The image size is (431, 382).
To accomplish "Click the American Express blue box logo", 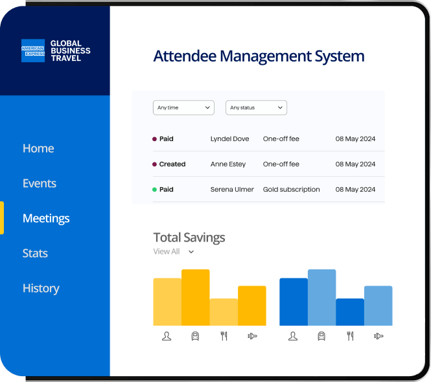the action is click(33, 51).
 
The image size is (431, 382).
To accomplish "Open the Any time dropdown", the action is click(183, 107).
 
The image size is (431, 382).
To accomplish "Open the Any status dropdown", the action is click(256, 107).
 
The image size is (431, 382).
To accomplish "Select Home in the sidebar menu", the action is click(38, 148).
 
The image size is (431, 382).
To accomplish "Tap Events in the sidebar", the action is click(40, 183).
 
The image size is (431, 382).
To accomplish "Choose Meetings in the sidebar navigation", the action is click(46, 219).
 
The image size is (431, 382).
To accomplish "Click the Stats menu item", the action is click(35, 253).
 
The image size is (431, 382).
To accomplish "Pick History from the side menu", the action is click(41, 289).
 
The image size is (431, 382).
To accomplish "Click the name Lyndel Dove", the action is click(230, 139).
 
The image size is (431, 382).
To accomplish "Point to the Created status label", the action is click(172, 164).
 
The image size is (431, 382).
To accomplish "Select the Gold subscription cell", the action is click(292, 190).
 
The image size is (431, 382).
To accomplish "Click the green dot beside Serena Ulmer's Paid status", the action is click(154, 190).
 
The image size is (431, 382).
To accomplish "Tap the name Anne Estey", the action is click(228, 164).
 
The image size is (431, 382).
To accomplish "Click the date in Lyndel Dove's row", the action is click(355, 139).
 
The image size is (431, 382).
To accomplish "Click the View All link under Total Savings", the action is click(167, 252).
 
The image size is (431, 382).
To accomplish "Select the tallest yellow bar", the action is click(196, 297).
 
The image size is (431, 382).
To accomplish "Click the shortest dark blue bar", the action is click(350, 312).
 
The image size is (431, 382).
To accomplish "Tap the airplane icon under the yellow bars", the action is click(252, 336).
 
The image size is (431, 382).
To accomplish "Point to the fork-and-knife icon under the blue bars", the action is click(350, 336).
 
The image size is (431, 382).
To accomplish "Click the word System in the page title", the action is click(340, 56).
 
